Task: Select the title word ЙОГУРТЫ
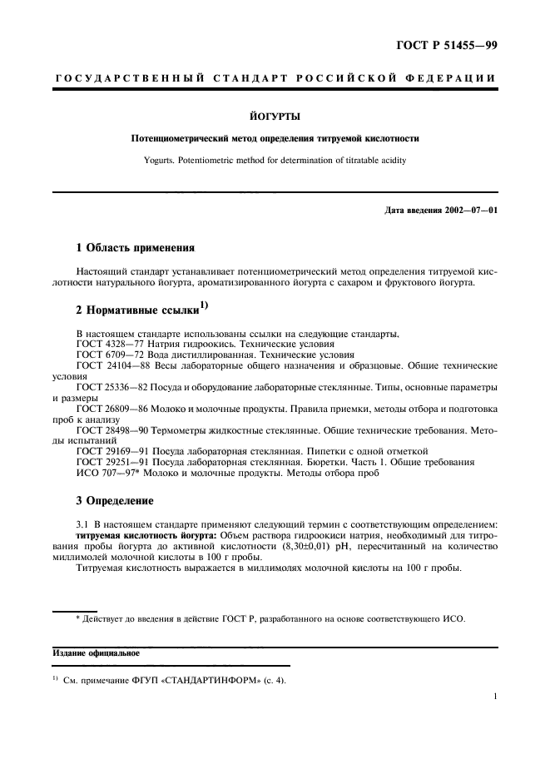coord(275,118)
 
